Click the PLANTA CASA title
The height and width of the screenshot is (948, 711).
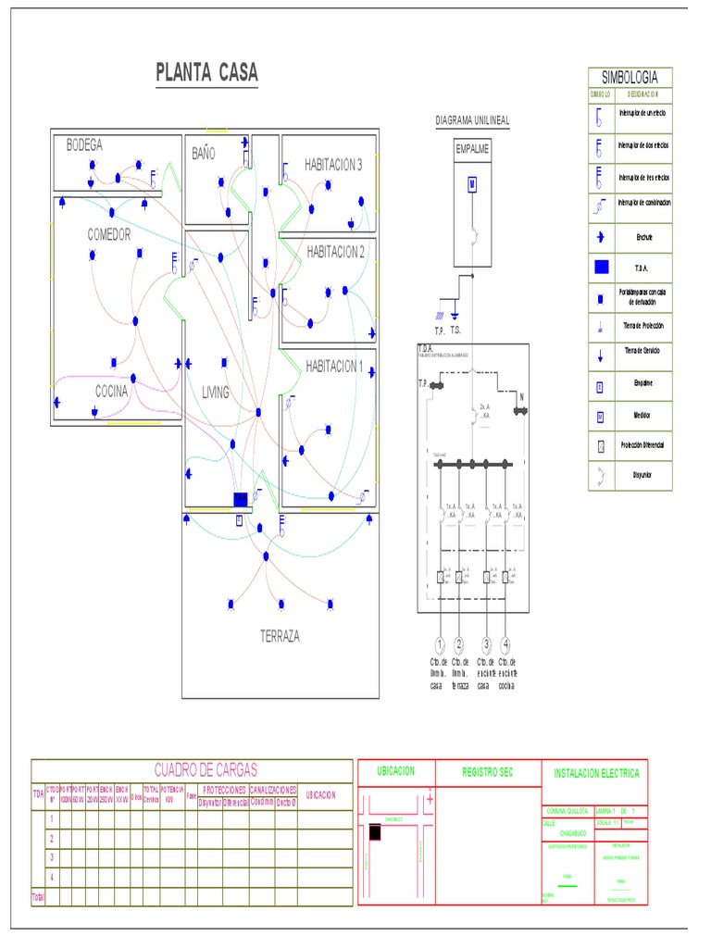pos(206,73)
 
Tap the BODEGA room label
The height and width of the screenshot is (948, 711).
pos(84,145)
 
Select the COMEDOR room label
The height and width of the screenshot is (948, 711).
pos(109,234)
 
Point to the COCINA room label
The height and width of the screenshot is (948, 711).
pos(112,392)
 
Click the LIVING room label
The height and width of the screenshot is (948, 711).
pos(216,393)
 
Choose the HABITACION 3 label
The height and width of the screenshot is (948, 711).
pos(333,165)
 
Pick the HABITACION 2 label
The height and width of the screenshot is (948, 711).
pos(335,252)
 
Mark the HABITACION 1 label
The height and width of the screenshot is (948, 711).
pos(334,366)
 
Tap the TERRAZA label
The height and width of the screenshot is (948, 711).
pos(280,636)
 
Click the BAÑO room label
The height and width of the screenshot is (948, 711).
pos(204,154)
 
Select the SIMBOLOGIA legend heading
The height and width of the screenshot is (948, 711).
pos(630,77)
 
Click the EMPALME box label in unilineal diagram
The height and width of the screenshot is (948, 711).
pos(472,148)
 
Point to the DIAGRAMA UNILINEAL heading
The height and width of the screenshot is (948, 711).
pos(472,121)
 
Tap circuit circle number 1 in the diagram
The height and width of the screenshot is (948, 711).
pos(439,644)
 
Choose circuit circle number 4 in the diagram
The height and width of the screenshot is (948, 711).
pos(505,644)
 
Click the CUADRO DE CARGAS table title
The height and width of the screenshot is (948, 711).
pos(205,769)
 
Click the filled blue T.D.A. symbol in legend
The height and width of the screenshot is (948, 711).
pos(600,267)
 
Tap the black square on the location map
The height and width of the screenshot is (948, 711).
pos(374,832)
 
